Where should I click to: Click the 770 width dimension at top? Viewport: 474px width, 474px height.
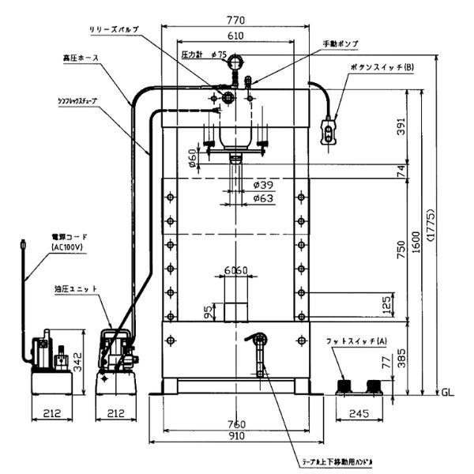(x=234, y=19)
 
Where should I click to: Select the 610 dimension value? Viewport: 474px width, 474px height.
(x=234, y=37)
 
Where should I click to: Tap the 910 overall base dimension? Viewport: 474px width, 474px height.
(x=235, y=436)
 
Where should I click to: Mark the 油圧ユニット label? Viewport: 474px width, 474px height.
(x=76, y=288)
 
